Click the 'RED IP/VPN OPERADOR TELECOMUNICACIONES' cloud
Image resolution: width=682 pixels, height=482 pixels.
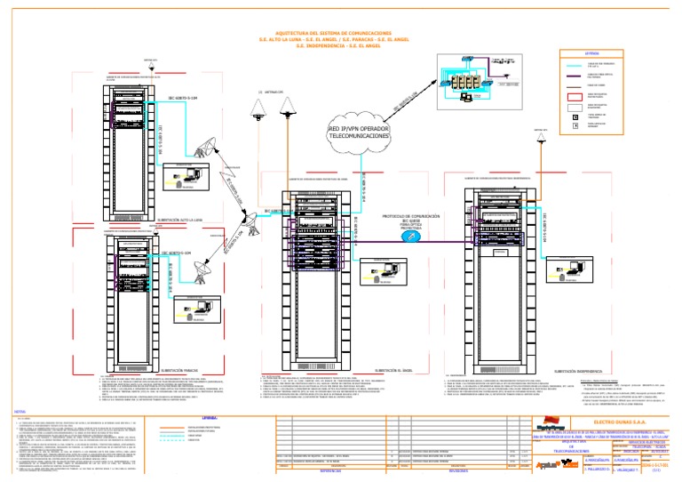(x=359, y=133)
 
